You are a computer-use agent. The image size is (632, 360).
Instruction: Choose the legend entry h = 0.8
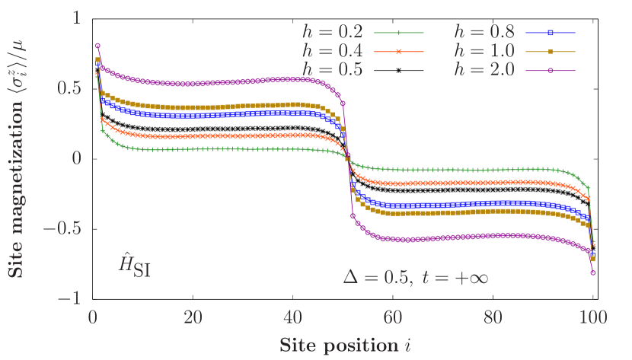coord(484,33)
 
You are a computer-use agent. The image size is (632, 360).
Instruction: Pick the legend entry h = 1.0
coord(484,52)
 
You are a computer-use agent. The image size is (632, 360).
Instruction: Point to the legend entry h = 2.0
coord(484,70)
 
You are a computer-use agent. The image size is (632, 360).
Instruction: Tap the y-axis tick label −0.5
coord(61,228)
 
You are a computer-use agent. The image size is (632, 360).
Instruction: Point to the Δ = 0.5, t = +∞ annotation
coord(415,277)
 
